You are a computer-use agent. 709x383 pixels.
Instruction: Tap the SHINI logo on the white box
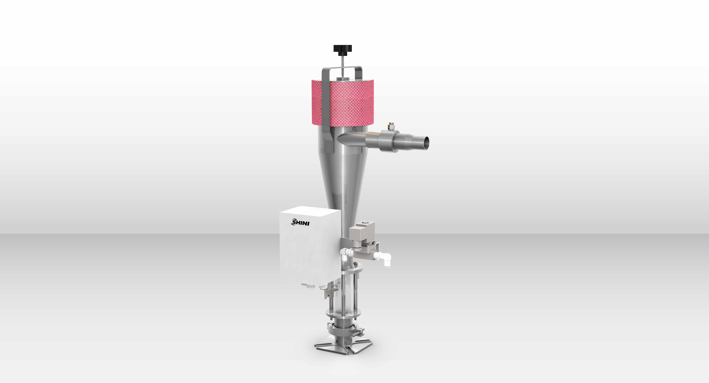tap(300, 222)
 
